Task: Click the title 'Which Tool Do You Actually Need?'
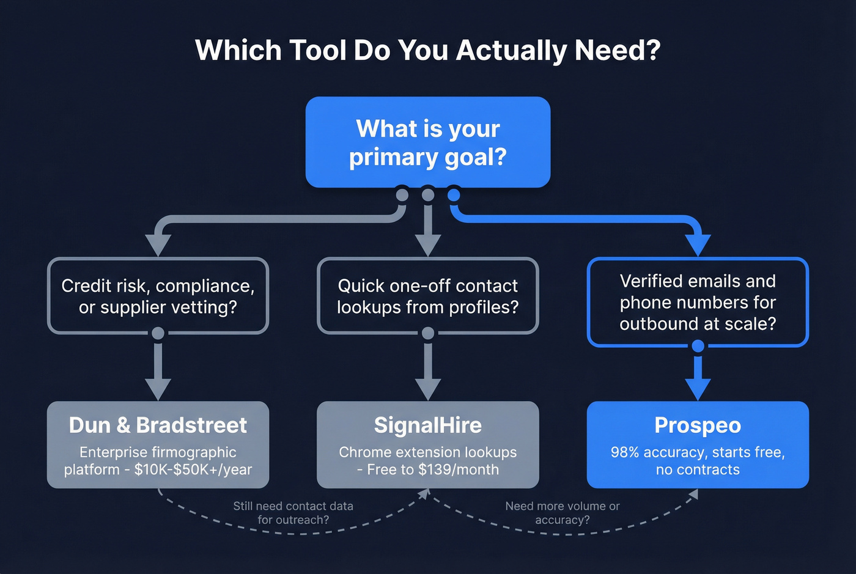[x=427, y=50]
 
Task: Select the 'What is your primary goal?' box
[x=427, y=142]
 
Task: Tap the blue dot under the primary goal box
[x=454, y=195]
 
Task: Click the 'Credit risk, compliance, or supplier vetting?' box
[x=158, y=296]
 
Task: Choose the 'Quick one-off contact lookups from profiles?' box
[x=427, y=296]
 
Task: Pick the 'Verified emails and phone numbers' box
[x=698, y=302]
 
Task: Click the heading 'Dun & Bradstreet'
[x=158, y=425]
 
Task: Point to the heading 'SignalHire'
[x=427, y=425]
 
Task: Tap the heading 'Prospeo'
[x=698, y=425]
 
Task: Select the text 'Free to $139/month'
[x=433, y=469]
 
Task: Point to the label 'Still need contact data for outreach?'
[x=293, y=513]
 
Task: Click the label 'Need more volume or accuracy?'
[x=562, y=513]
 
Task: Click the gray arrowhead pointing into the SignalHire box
[x=427, y=389]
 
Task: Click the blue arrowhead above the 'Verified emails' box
[x=698, y=245]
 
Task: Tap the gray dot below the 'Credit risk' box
[x=158, y=333]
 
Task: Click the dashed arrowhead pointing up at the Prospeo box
[x=693, y=495]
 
